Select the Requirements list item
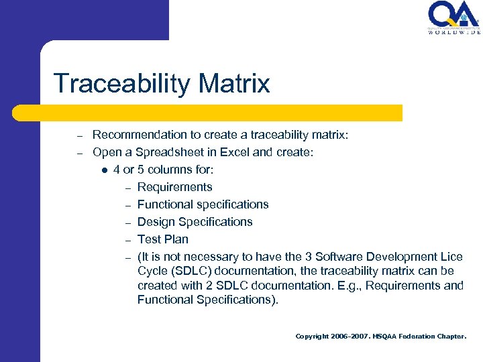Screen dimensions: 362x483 point(174,187)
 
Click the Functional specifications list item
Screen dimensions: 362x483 point(203,204)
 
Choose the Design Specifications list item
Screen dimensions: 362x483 point(195,222)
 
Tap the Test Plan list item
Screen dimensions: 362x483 point(162,239)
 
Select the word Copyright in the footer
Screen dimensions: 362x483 point(313,336)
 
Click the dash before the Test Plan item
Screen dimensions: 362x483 point(125,240)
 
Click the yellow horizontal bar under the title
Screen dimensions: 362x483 point(221,113)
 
